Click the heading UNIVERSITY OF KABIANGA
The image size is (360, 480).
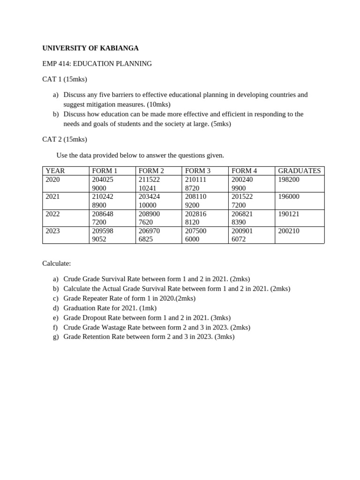tap(90, 48)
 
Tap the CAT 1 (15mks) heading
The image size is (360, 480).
tap(65, 79)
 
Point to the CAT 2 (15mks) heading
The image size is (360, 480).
tap(65, 139)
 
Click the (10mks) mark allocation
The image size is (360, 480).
tap(157, 104)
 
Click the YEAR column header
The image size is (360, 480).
tap(55, 171)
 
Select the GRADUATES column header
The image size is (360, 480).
tap(299, 171)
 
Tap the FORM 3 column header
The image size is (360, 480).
tap(198, 171)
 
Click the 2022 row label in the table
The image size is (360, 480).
tap(53, 214)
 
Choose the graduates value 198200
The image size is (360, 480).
tap(289, 180)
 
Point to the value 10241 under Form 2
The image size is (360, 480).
tap(148, 188)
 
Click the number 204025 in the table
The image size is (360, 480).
tap(103, 180)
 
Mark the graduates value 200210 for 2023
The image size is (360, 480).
tap(289, 231)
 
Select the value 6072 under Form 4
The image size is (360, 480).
tap(240, 239)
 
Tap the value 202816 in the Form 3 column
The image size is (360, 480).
tap(195, 214)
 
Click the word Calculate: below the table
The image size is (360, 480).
tap(57, 264)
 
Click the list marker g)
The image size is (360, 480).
tap(56, 337)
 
